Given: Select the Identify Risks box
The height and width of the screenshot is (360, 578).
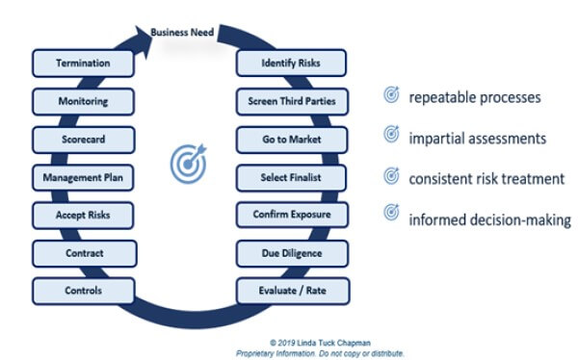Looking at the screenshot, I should (290, 64).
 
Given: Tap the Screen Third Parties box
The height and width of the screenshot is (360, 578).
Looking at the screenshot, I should (290, 100).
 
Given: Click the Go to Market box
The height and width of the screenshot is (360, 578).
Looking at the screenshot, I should (290, 139).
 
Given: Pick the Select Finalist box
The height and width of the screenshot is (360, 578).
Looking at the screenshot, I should (290, 177).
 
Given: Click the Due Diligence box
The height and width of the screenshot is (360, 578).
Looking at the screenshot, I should (290, 252).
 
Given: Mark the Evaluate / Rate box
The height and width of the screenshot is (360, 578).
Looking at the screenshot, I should (290, 290).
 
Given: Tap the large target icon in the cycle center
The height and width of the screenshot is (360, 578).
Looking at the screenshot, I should (188, 165).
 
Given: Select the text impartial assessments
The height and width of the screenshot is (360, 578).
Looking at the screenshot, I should (477, 138).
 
